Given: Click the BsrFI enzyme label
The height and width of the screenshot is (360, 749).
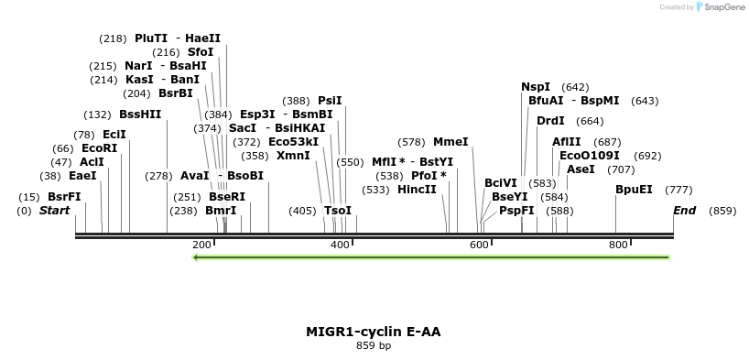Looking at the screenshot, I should click(x=64, y=197).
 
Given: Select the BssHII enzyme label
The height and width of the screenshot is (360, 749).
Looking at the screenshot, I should click(x=140, y=115).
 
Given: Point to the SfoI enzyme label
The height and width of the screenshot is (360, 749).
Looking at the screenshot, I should click(x=201, y=52).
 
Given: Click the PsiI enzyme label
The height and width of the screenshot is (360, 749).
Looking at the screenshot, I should click(x=330, y=101).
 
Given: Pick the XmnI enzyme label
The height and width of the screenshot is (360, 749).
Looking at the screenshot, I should click(x=293, y=156).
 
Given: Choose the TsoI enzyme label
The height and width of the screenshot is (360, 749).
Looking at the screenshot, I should click(x=338, y=211).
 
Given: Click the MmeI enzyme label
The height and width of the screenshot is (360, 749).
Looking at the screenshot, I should click(x=450, y=142).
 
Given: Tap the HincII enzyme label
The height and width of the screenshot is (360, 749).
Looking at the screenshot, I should click(x=417, y=190).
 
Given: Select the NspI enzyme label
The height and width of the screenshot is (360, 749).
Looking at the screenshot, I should click(x=536, y=87).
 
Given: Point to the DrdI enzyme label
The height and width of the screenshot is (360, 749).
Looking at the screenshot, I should click(x=550, y=121).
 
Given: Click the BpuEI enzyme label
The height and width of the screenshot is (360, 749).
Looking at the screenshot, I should click(x=634, y=190).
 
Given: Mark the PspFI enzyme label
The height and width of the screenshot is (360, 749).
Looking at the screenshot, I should click(x=516, y=211).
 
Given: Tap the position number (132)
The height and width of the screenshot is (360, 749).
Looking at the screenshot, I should click(x=97, y=115).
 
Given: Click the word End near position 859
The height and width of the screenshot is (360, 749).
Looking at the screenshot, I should click(x=684, y=211).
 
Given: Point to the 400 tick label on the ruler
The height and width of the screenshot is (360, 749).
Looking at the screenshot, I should click(x=340, y=245).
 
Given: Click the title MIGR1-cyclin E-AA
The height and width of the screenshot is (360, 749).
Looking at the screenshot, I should click(x=374, y=331).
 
